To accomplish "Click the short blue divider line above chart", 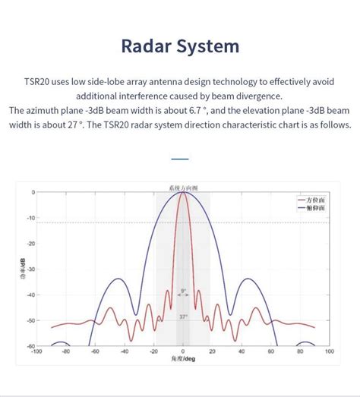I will (180, 159).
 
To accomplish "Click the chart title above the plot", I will (182, 186).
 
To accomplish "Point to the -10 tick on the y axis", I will (30, 218).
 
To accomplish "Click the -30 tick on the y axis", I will (30, 269).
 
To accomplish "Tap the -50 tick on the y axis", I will (30, 320).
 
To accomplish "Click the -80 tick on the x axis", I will (65, 351).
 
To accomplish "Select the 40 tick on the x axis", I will (242, 351).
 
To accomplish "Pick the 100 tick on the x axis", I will (329, 351).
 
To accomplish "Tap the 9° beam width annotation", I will (183, 291).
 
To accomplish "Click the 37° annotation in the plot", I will (183, 317).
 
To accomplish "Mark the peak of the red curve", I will (183, 193).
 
